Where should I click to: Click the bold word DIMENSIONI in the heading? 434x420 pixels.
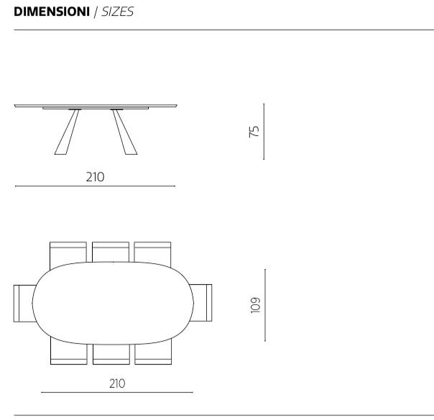(52, 12)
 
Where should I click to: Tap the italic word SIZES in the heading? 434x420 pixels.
(118, 12)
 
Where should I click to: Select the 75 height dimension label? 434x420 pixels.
(254, 132)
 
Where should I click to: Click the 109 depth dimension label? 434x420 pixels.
(255, 306)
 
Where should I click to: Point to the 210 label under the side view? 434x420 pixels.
(96, 177)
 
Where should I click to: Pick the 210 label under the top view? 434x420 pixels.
(117, 383)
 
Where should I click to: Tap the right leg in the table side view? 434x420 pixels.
(124, 132)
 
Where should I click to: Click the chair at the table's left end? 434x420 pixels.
(24, 303)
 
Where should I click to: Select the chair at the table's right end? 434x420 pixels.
(201, 303)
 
